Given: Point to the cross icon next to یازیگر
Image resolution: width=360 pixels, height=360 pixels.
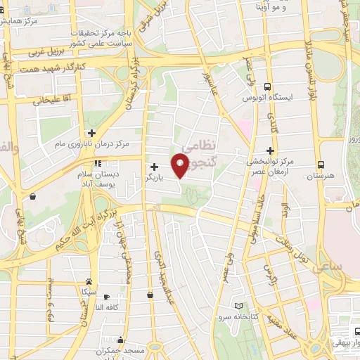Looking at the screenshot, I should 154,167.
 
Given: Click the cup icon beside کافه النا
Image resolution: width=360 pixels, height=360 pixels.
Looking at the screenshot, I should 150,295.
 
